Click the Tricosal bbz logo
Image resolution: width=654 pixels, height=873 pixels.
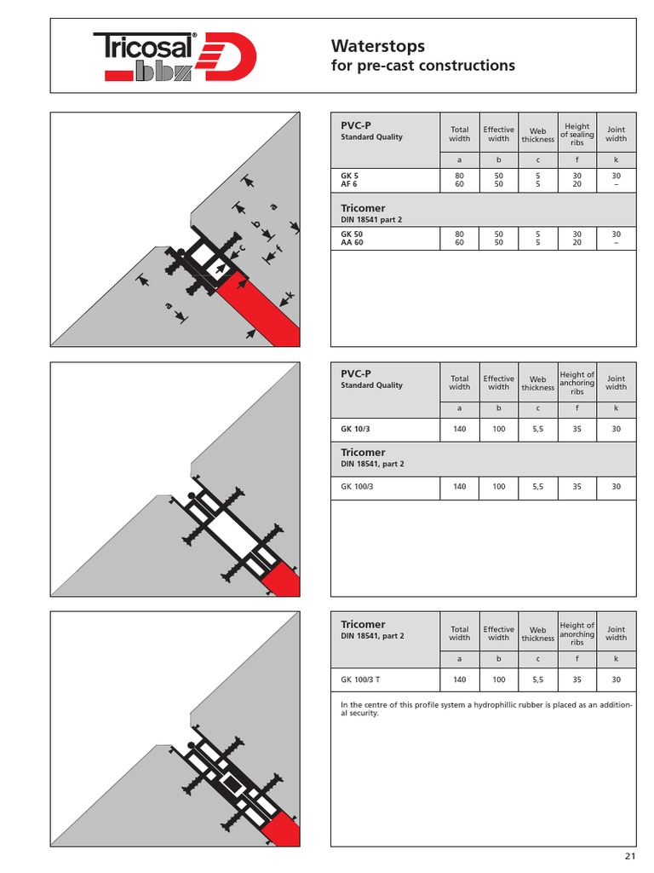click(x=175, y=56)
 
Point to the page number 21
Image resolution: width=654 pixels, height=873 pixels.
click(x=629, y=856)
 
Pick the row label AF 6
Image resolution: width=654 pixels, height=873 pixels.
click(x=349, y=183)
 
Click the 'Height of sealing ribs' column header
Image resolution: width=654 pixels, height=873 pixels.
click(x=577, y=135)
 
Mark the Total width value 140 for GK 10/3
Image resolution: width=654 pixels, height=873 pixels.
click(x=460, y=430)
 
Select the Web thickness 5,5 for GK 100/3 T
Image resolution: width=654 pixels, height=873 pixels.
click(x=538, y=679)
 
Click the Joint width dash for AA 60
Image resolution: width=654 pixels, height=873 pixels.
click(x=616, y=242)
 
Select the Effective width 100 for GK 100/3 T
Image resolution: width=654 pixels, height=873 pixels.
click(x=499, y=679)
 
